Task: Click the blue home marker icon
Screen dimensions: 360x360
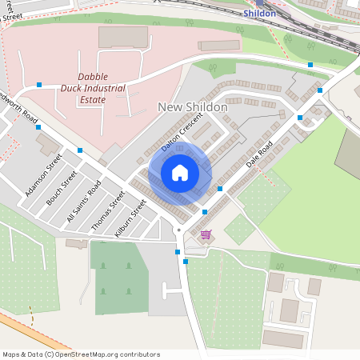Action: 180,173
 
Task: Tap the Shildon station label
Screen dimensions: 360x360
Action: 260,14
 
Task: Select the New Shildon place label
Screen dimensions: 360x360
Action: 193,107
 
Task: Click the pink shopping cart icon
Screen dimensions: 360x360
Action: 206,234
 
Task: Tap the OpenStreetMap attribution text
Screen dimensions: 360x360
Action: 81,354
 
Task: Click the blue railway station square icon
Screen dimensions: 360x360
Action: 260,3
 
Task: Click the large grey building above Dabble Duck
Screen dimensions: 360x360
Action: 123,37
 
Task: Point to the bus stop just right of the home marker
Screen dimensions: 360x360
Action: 219,189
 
